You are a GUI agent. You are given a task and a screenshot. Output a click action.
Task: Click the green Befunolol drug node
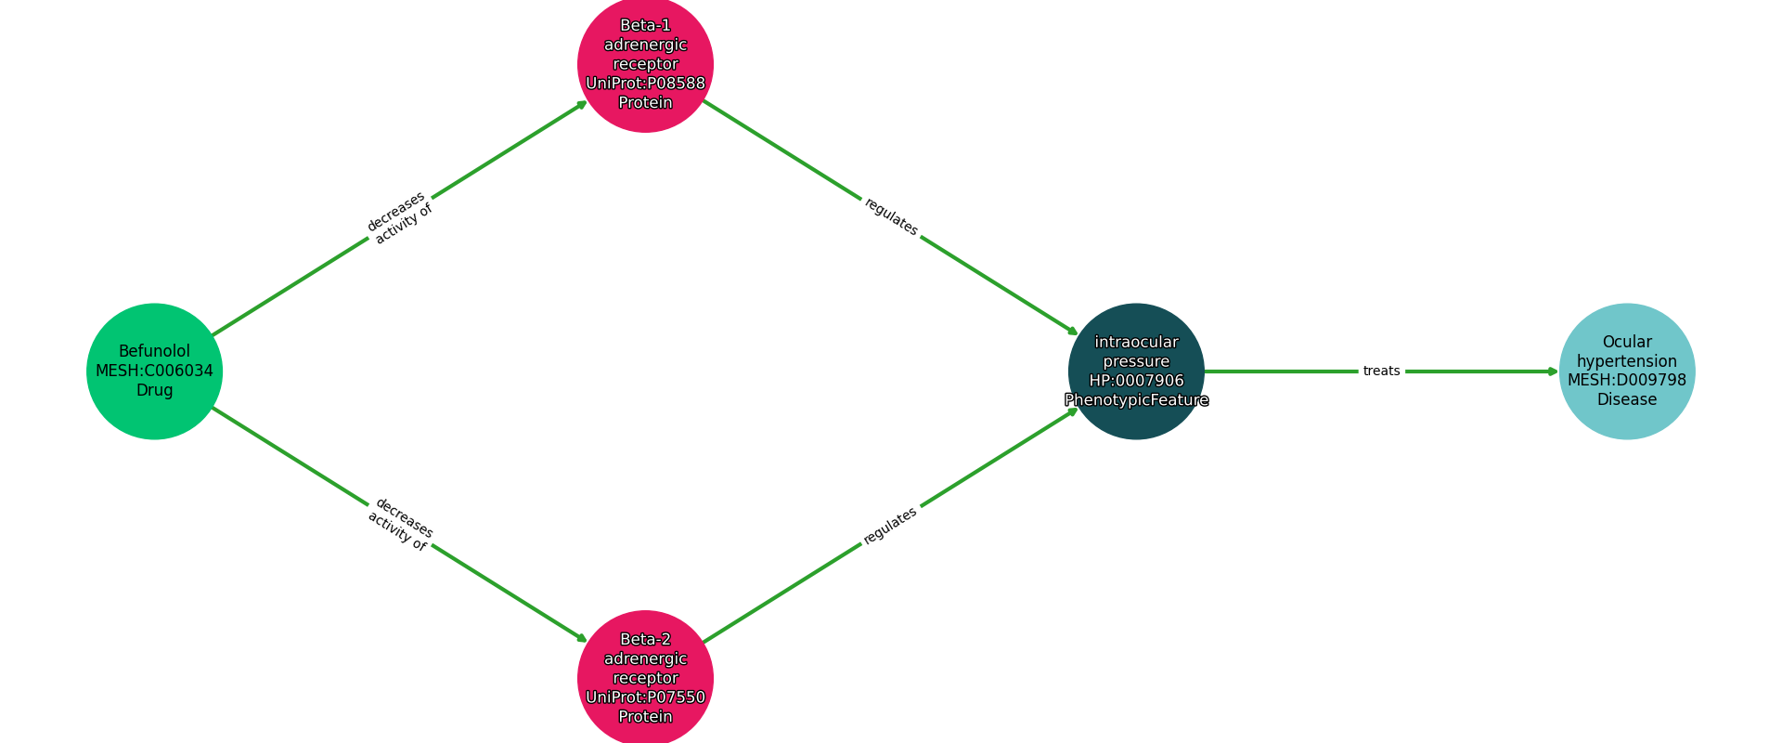154,371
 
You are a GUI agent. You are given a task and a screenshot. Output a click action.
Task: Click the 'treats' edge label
1381,371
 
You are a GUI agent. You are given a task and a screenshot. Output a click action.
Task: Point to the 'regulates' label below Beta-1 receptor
891,216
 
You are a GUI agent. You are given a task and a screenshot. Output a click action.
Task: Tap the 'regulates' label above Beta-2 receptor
891,526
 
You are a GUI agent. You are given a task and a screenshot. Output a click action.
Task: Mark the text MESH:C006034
154,371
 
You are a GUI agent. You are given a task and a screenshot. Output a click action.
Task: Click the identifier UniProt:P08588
645,84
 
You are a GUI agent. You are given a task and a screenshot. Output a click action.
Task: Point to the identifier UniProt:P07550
645,697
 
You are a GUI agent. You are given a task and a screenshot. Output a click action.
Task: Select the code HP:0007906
1136,381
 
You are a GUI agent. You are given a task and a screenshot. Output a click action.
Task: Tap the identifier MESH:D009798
1626,380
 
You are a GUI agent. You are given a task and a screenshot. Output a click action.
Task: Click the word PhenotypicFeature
1136,400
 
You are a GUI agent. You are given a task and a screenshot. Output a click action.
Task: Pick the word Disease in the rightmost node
1626,399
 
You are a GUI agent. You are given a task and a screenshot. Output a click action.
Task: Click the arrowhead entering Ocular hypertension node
1554,371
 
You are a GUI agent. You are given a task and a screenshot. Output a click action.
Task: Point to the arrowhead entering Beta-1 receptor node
583,103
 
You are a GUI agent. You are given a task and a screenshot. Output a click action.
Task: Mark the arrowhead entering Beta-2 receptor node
583,639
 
